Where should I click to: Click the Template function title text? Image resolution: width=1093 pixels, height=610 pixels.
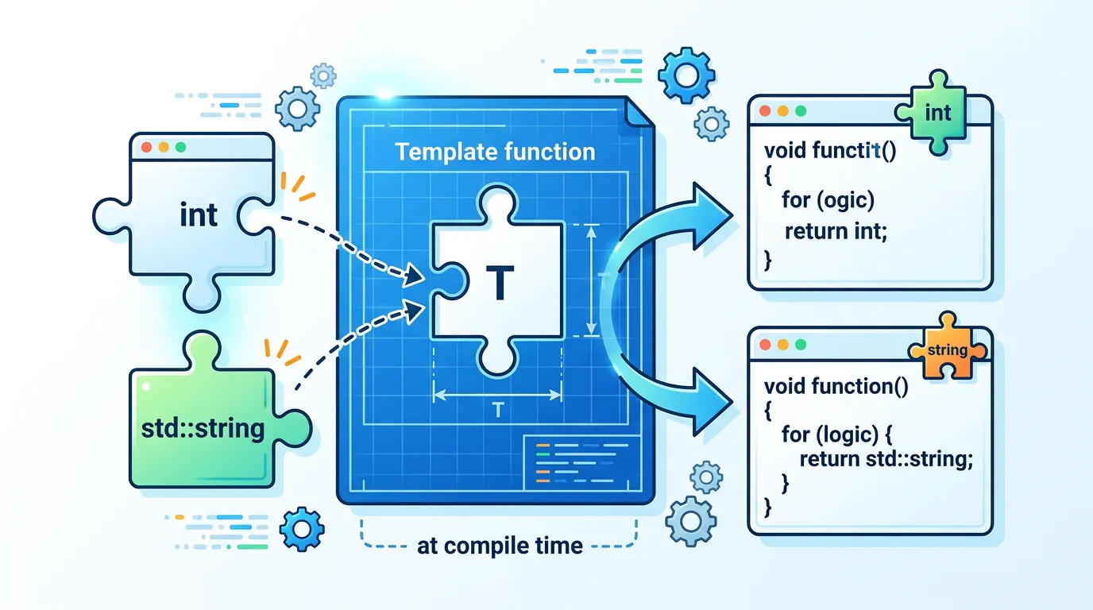(x=495, y=152)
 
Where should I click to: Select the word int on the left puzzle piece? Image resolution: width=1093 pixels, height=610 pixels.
(x=198, y=214)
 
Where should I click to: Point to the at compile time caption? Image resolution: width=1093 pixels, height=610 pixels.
(x=500, y=546)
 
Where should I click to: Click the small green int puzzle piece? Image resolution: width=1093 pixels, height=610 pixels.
(x=937, y=114)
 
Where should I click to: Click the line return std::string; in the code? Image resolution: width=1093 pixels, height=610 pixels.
(x=886, y=459)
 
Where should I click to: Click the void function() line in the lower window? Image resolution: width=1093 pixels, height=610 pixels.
(x=837, y=386)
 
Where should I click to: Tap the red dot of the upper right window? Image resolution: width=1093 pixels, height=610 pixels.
(x=765, y=112)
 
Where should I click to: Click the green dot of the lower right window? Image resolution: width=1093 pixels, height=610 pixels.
(x=800, y=345)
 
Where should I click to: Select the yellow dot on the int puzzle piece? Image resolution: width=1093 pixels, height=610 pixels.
(x=164, y=148)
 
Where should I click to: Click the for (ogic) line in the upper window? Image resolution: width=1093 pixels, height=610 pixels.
(x=827, y=199)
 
